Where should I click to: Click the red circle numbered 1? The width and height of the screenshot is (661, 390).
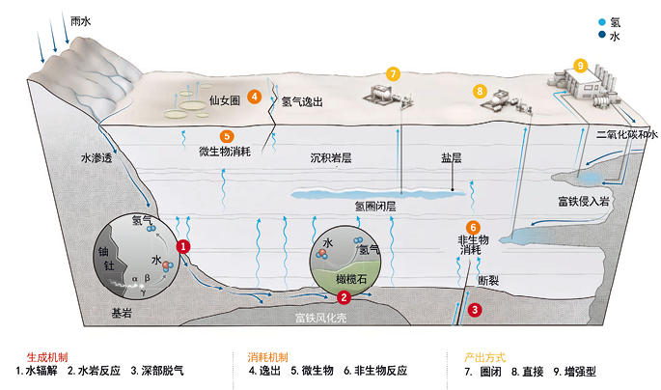183,247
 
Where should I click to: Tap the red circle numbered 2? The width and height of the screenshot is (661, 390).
344,297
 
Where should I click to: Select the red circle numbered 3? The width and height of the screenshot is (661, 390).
475,310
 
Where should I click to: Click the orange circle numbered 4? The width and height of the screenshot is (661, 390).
254,97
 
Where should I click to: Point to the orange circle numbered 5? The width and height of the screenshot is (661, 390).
227,136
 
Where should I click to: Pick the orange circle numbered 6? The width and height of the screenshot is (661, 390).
473,228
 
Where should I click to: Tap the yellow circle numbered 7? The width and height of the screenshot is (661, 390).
393,74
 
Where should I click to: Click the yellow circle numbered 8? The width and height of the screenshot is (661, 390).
480,91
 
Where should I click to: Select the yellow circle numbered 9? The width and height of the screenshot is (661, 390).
581,66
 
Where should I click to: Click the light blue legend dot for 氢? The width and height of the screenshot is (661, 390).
602,22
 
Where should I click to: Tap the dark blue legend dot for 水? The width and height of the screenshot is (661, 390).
602,35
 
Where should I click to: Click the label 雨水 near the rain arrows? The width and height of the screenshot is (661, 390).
80,21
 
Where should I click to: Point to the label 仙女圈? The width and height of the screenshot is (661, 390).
225,100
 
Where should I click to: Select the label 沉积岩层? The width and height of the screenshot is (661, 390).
331,158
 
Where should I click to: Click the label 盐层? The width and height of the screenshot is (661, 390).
452,158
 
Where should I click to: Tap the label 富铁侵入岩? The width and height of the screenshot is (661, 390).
584,202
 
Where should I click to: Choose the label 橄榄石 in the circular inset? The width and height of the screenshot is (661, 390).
351,279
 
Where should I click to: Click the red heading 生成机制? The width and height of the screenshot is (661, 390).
47,357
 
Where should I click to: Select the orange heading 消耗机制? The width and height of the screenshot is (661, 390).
267,357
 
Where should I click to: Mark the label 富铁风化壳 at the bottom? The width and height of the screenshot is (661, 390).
320,318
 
